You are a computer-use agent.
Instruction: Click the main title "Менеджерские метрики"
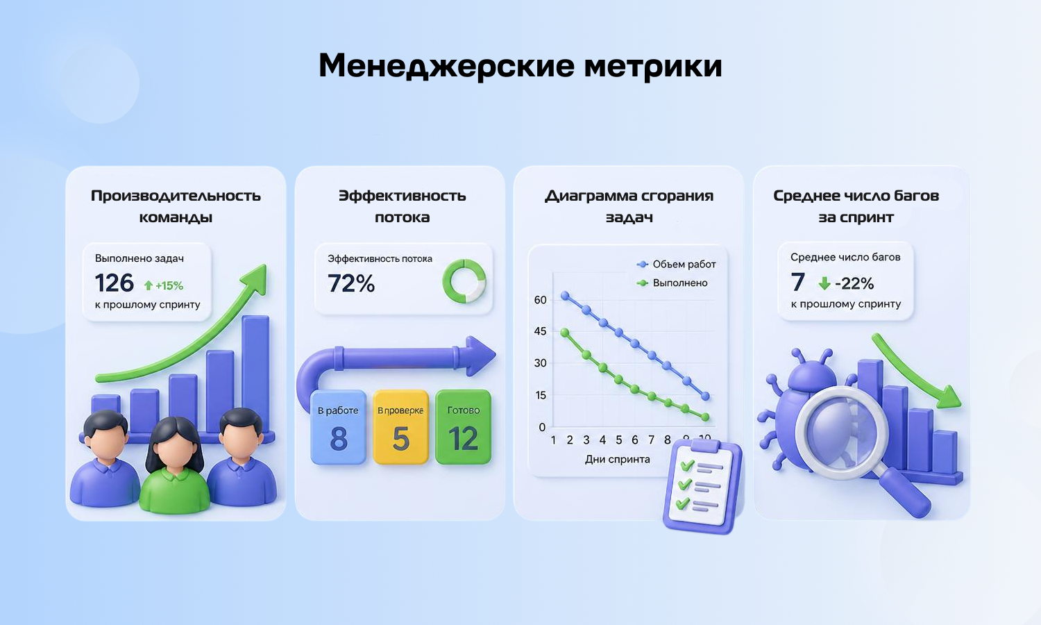click(x=520, y=65)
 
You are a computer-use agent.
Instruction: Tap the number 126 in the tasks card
click(x=115, y=283)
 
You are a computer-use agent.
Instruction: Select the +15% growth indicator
click(x=164, y=285)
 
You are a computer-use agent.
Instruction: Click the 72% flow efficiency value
click(x=351, y=283)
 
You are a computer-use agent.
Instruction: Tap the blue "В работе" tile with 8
click(x=339, y=427)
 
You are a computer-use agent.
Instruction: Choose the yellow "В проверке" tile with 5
click(x=400, y=427)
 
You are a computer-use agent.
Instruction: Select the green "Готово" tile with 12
click(x=464, y=427)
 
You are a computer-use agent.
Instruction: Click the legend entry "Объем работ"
click(x=676, y=264)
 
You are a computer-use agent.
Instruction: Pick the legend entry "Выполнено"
click(x=672, y=283)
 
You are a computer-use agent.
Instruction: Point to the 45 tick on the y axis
click(x=540, y=331)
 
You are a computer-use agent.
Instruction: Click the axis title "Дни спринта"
click(x=617, y=460)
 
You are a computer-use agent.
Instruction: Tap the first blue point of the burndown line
click(x=565, y=295)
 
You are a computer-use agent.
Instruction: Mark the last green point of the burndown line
click(x=706, y=417)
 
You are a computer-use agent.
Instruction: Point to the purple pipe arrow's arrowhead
click(x=482, y=356)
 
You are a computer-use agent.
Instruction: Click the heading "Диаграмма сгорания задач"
click(x=629, y=206)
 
